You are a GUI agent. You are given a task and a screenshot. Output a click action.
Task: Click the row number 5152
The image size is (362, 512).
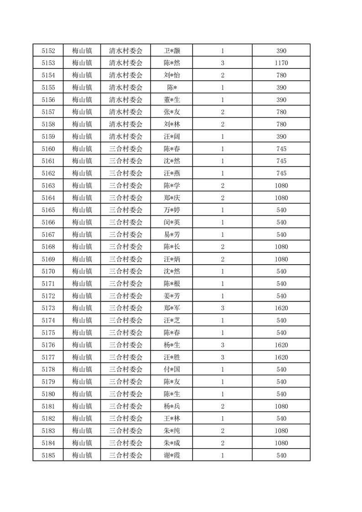48,50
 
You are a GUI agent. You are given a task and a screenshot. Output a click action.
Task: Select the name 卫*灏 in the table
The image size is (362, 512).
171,50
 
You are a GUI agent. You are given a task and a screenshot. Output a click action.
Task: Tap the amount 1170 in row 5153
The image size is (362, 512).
281,63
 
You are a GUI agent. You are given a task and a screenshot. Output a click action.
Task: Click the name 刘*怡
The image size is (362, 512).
171,75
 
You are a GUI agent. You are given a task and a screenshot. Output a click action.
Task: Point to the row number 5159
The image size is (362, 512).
48,136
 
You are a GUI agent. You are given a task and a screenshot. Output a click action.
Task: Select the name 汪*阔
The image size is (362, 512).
171,136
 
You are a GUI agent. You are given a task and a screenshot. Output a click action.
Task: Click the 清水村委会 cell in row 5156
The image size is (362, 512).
126,99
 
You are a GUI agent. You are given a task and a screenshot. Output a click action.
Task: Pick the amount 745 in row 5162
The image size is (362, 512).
281,173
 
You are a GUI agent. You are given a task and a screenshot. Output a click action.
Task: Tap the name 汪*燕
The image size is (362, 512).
171,173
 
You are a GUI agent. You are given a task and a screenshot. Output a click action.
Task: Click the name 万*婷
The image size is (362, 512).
171,210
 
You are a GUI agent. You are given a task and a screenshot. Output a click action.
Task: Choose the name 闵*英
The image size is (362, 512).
171,222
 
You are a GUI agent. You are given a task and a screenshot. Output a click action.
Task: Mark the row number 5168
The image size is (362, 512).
48,246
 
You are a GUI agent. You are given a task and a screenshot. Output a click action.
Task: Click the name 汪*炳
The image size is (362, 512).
171,259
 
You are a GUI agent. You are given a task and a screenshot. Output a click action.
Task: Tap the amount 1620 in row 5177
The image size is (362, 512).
281,357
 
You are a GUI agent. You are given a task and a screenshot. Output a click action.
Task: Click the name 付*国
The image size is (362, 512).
171,369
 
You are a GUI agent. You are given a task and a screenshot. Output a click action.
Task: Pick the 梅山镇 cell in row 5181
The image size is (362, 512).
82,406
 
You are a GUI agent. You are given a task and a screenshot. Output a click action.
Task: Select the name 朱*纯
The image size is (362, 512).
171,431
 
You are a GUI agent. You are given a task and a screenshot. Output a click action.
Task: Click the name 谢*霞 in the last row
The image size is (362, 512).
171,455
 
